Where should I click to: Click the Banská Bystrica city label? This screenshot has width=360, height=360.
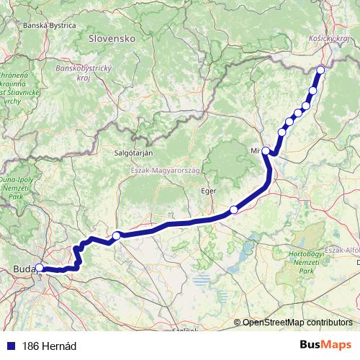tap(50, 24)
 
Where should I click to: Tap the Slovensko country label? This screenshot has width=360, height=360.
tap(112, 37)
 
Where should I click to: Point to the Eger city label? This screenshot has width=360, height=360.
tap(208, 192)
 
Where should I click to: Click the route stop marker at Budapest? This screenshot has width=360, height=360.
tap(39, 269)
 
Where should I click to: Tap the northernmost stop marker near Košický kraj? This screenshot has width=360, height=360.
tap(320, 70)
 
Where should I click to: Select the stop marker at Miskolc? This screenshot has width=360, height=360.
tap(266, 150)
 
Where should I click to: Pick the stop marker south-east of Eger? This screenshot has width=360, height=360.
tap(233, 210)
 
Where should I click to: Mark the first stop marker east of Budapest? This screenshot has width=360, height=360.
tap(116, 235)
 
